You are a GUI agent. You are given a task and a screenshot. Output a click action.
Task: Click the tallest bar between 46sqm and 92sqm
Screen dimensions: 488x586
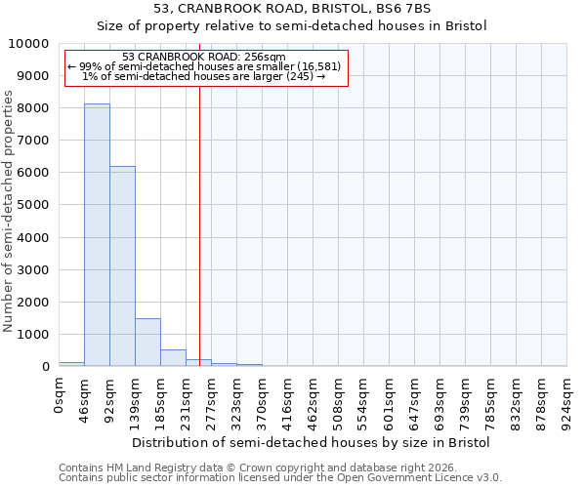pyautogui.click(x=97, y=234)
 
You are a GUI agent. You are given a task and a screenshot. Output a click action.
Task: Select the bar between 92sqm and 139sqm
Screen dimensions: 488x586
pyautogui.click(x=122, y=265)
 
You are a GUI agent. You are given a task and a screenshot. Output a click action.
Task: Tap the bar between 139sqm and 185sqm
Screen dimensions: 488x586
pyautogui.click(x=147, y=342)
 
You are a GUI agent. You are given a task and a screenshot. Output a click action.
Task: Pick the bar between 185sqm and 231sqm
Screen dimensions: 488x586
pyautogui.click(x=173, y=357)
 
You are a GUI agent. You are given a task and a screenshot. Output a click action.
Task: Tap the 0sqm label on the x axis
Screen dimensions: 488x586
pyautogui.click(x=60, y=396)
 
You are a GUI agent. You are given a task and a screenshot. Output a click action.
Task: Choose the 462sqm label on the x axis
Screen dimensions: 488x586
pyautogui.click(x=314, y=402)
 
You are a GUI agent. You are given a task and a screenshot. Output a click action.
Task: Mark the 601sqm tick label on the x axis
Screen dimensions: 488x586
pyautogui.click(x=390, y=402)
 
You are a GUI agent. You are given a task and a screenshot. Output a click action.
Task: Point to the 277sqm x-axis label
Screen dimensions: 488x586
pyautogui.click(x=212, y=402)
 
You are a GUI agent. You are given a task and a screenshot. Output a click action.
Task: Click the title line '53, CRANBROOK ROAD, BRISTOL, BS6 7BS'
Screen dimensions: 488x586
pyautogui.click(x=293, y=8)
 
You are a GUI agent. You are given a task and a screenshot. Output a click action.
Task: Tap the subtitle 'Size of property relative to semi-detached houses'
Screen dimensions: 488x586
pyautogui.click(x=293, y=25)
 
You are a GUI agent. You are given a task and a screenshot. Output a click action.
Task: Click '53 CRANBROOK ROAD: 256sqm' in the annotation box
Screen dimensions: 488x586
pyautogui.click(x=205, y=58)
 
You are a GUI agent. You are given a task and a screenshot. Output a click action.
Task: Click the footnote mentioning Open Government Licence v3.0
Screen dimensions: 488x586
pyautogui.click(x=280, y=477)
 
